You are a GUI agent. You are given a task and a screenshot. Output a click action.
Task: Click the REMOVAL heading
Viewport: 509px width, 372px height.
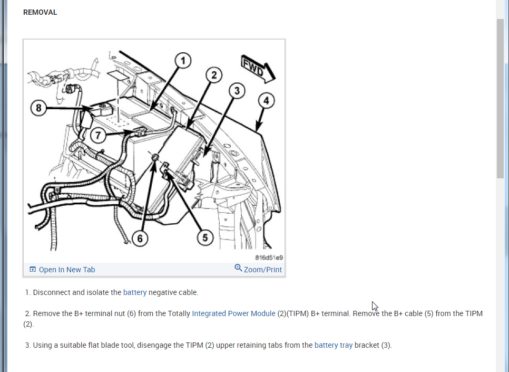pos(40,12)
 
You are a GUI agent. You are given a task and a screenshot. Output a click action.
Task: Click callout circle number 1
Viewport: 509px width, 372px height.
pos(183,61)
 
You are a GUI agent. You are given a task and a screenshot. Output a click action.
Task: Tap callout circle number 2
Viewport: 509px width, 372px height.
pos(214,75)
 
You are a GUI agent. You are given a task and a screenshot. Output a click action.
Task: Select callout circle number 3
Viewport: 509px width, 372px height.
pos(237,91)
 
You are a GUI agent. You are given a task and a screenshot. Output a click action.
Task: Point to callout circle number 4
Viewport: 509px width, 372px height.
pos(266,100)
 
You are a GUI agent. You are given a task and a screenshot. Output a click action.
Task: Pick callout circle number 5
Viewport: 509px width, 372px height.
pos(205,238)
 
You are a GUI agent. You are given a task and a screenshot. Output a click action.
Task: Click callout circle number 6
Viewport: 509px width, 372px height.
pos(140,239)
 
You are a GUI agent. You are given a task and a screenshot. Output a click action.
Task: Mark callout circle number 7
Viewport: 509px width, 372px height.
pos(98,135)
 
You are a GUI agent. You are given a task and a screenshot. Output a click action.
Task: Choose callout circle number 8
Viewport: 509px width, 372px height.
pos(38,109)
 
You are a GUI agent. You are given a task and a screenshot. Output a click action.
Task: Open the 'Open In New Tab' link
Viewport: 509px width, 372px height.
pos(67,270)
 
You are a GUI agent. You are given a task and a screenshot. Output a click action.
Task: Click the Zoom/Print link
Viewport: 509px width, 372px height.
pos(262,270)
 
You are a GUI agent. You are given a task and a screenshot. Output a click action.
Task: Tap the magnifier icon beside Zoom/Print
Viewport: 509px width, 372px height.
pos(238,268)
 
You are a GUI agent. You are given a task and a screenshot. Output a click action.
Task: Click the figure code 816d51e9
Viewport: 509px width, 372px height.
pos(269,257)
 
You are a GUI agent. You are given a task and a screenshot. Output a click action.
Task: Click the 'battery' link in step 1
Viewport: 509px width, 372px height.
pos(135,292)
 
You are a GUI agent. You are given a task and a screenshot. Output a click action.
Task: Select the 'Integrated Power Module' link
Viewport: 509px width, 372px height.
pos(233,313)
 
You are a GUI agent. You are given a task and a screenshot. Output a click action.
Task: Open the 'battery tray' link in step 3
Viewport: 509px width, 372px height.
pos(334,346)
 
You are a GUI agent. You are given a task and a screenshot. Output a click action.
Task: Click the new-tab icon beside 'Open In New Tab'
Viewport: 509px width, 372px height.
pos(33,270)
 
